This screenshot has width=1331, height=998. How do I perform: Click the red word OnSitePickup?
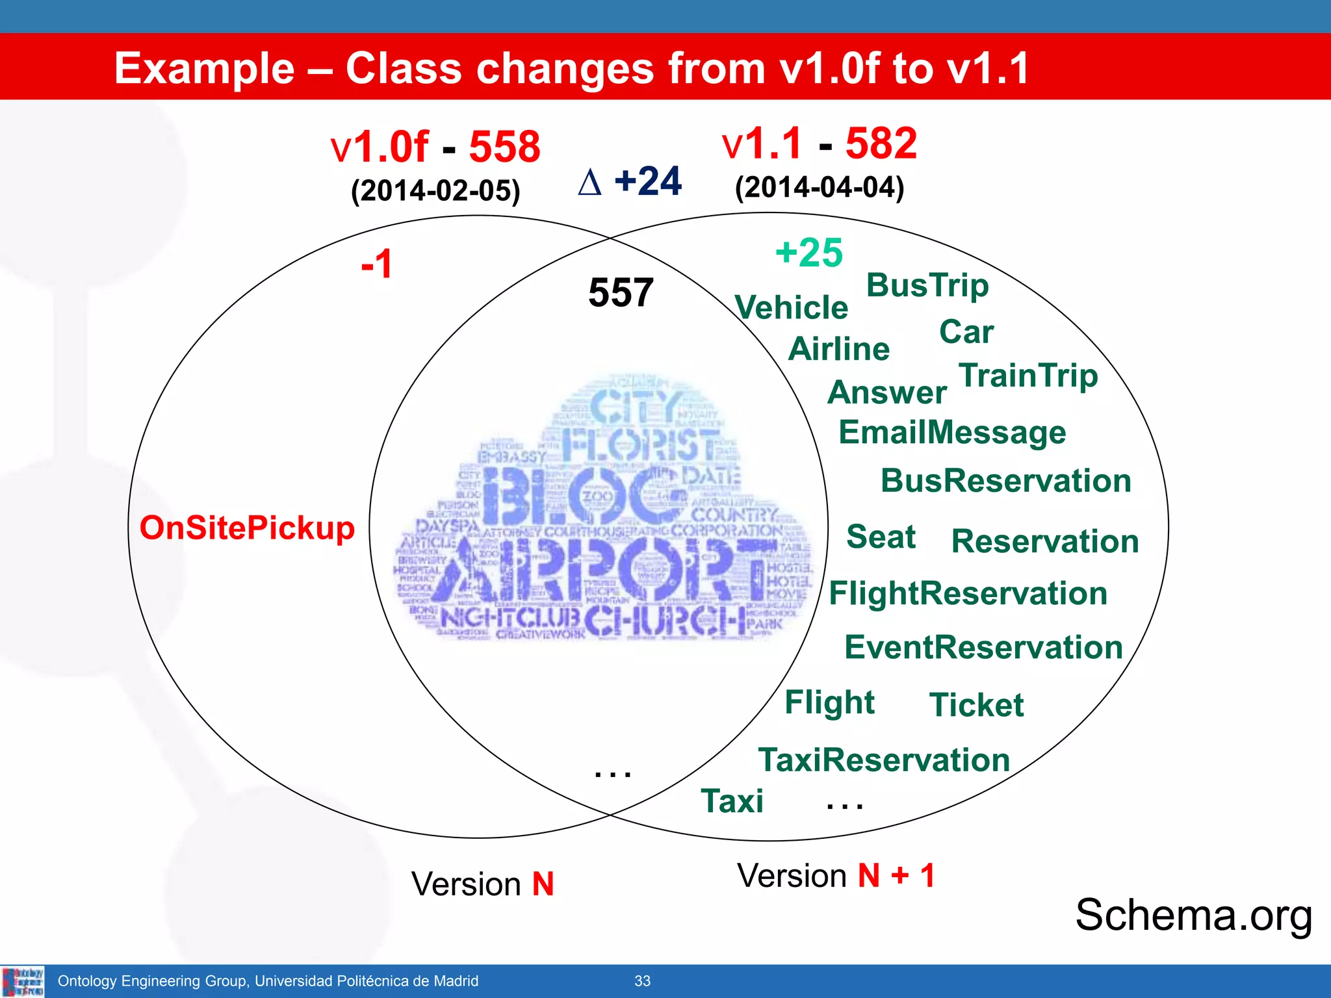click(247, 528)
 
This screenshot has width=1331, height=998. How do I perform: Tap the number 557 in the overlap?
click(621, 292)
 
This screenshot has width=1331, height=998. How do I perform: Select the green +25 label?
click(809, 252)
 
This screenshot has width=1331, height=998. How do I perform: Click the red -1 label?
click(377, 264)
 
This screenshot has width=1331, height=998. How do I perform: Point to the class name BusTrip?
click(927, 285)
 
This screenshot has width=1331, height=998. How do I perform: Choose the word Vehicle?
click(791, 307)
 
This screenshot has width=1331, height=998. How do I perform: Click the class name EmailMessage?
click(952, 433)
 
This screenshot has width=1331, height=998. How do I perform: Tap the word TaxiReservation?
click(884, 760)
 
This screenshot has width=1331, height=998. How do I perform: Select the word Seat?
click(881, 537)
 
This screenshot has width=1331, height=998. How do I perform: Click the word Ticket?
click(976, 705)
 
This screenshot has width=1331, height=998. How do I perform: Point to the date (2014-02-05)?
click(435, 191)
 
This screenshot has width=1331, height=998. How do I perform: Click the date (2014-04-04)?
click(819, 187)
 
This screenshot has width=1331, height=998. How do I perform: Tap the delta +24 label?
click(630, 181)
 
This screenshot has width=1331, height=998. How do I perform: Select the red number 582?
click(881, 143)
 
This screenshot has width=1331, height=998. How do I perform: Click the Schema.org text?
click(1193, 915)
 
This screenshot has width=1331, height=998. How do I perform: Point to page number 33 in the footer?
click(642, 981)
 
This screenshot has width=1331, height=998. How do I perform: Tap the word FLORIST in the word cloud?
click(640, 446)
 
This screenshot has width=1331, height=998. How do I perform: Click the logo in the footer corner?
click(23, 981)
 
